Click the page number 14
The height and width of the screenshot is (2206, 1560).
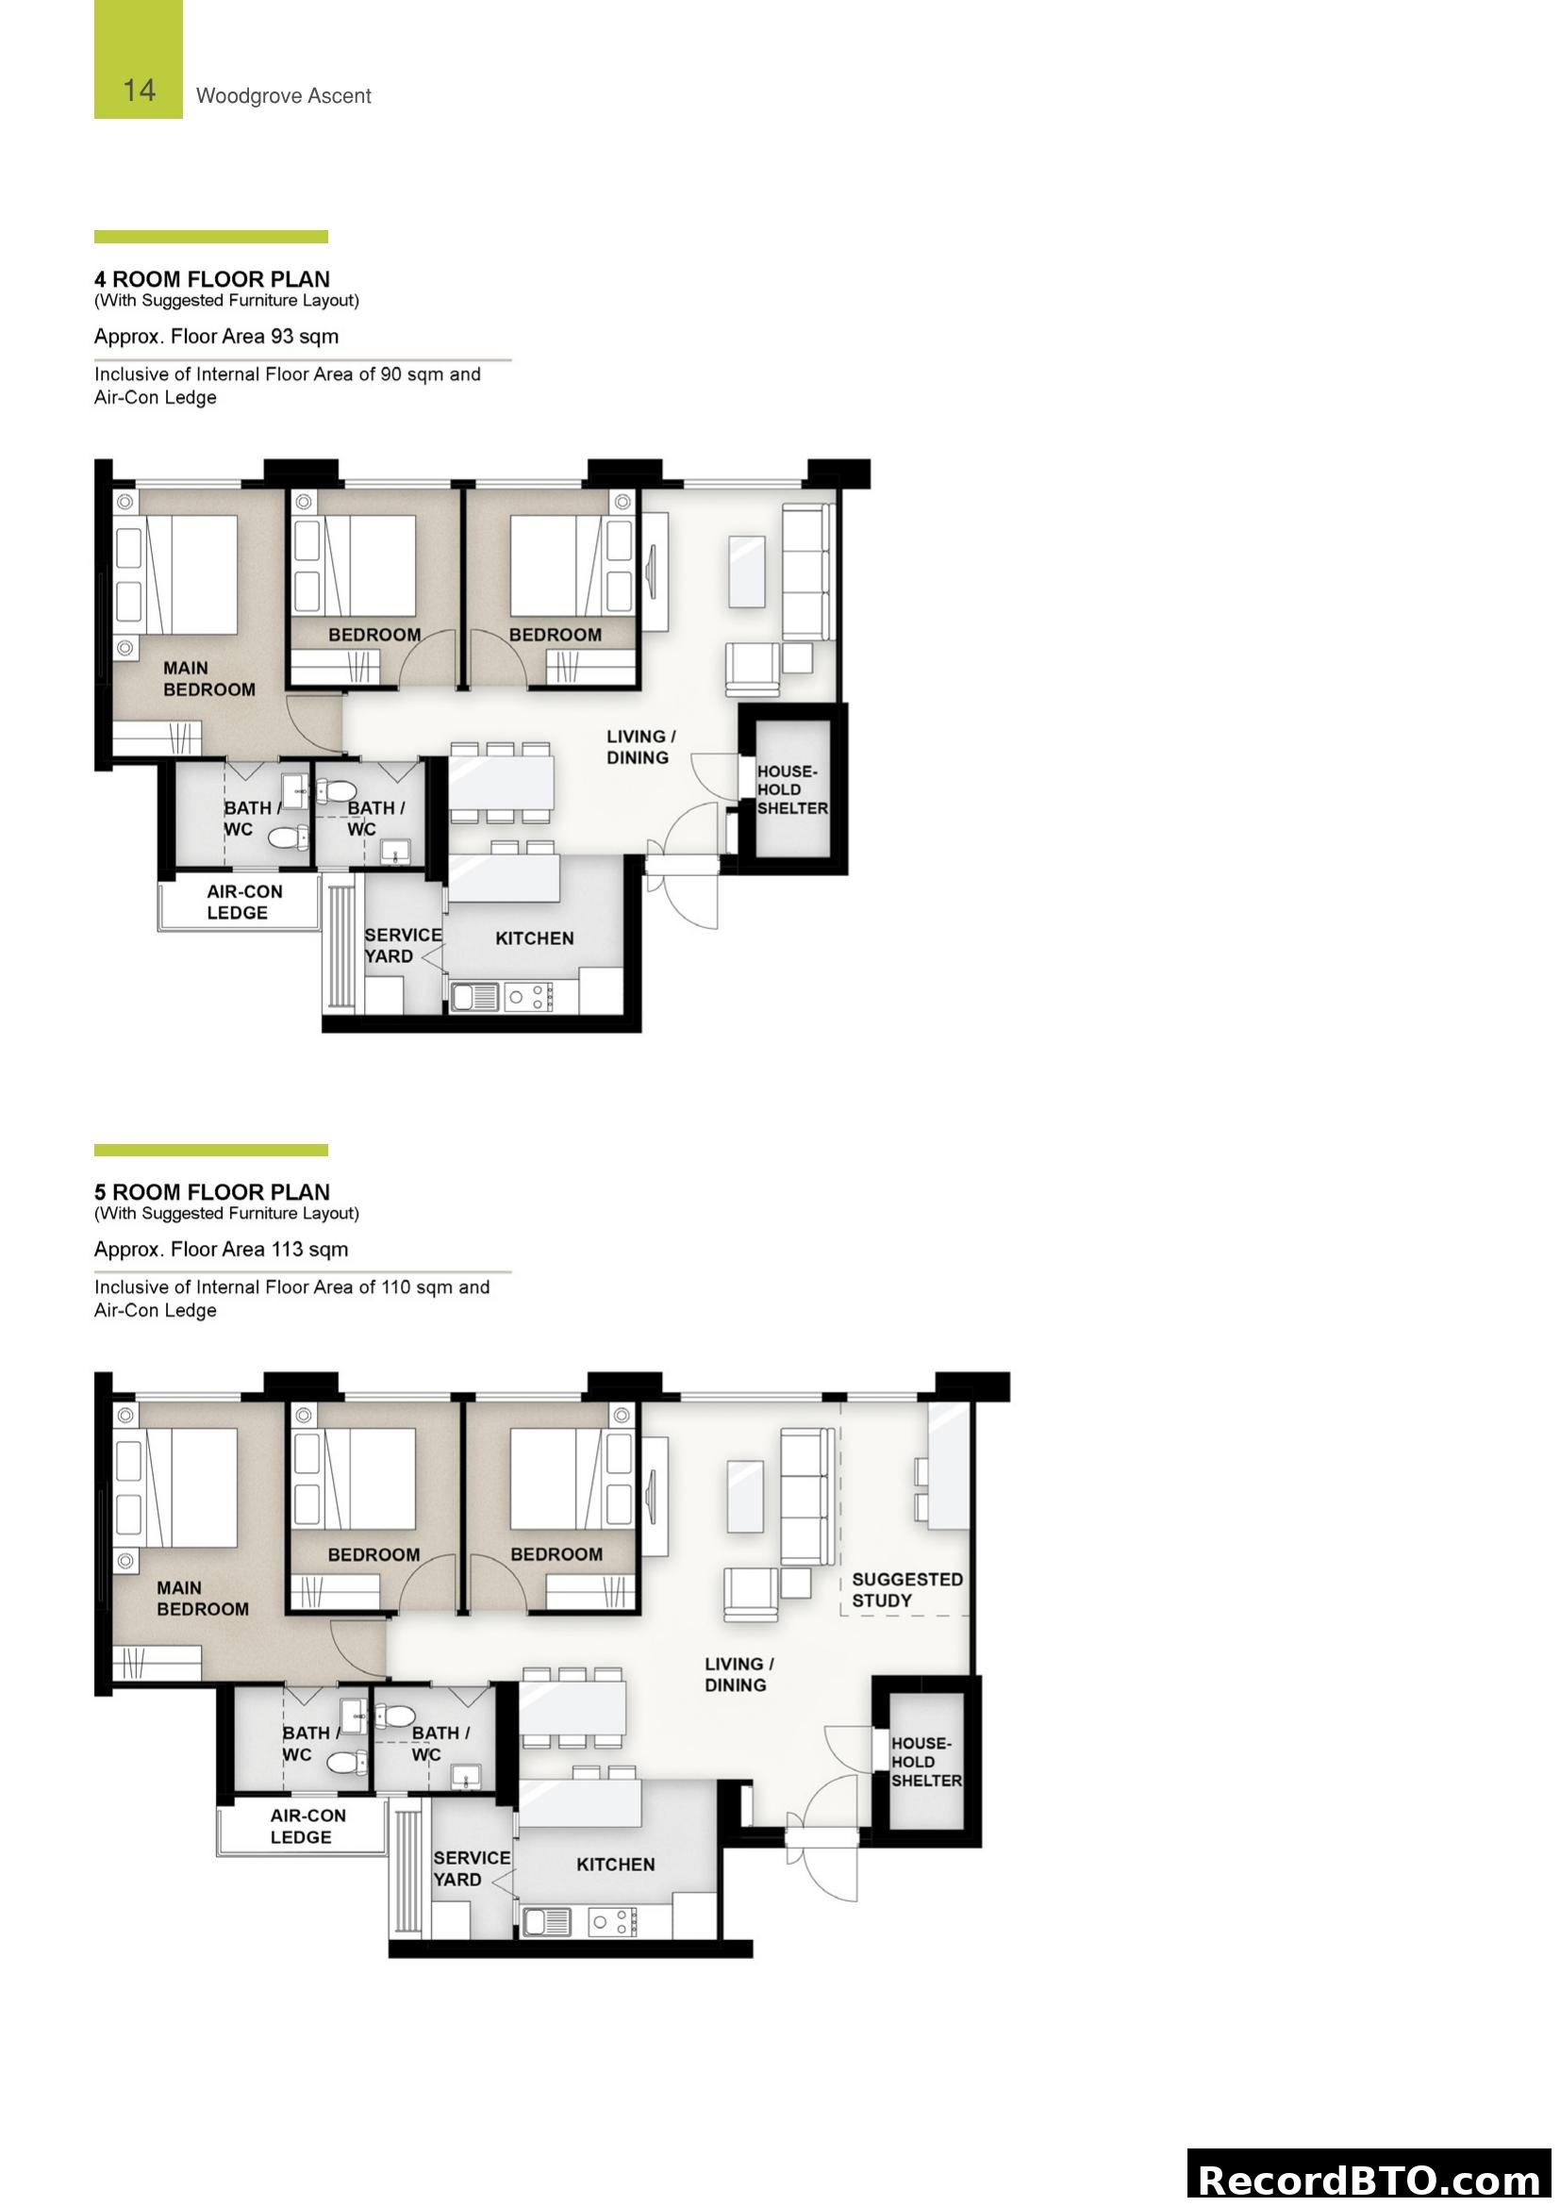(x=140, y=91)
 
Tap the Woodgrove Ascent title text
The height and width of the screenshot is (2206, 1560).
(x=283, y=96)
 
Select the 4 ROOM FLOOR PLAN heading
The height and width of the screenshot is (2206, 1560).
(x=211, y=279)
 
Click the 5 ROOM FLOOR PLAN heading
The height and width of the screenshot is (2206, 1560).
(x=211, y=1192)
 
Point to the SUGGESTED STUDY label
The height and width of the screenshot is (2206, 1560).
(x=905, y=1590)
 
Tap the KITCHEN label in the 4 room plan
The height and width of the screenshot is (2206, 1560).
(x=534, y=938)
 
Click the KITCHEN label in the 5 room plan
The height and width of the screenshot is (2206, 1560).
(x=615, y=1865)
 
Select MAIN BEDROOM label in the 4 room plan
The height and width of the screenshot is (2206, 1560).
(x=208, y=678)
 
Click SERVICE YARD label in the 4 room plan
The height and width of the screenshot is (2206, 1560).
(x=403, y=945)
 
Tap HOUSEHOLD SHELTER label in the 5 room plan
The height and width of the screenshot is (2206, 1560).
(x=925, y=1762)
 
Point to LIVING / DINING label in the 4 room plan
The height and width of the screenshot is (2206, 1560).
(x=640, y=747)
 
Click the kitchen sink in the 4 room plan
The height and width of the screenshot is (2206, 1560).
(x=474, y=997)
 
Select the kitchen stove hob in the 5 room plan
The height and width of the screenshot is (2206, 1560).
(x=612, y=1921)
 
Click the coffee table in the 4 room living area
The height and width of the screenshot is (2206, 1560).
(x=746, y=572)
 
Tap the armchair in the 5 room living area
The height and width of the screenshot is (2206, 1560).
(x=750, y=1595)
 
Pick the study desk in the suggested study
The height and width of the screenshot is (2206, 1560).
(x=948, y=1466)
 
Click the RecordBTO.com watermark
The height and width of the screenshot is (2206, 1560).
(x=1369, y=2179)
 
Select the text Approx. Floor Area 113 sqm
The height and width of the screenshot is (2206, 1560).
(x=221, y=1249)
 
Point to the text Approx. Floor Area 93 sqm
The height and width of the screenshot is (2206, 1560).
(x=216, y=337)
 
